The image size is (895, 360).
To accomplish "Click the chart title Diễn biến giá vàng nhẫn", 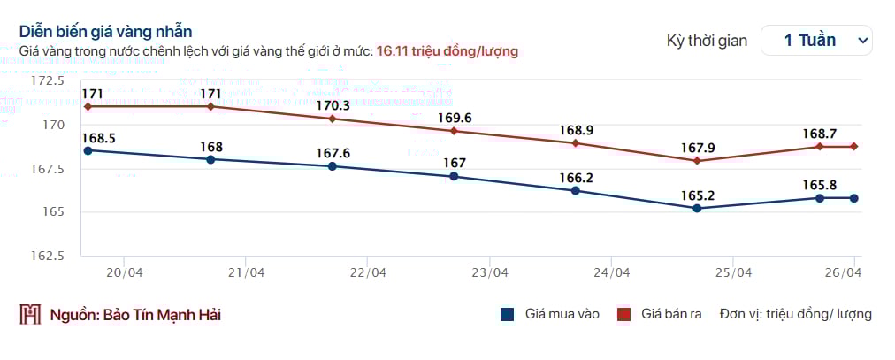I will pyautogui.click(x=106, y=33).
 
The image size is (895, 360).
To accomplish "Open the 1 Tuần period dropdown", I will pyautogui.click(x=816, y=40).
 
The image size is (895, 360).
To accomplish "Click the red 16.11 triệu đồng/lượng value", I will pyautogui.click(x=447, y=51).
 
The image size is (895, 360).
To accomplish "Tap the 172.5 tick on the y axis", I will pyautogui.click(x=48, y=80).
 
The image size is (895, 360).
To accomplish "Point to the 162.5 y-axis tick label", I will pyautogui.click(x=48, y=256).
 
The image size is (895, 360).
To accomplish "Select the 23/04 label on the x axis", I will pyautogui.click(x=490, y=272).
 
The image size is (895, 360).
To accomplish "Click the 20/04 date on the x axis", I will pyautogui.click(x=124, y=272).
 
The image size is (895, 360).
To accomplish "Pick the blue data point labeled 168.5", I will pyautogui.click(x=88, y=150).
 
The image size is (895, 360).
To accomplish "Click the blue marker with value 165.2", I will pyautogui.click(x=697, y=208).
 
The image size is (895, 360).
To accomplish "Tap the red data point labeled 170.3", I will pyautogui.click(x=332, y=119).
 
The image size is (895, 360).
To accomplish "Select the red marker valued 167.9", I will pyautogui.click(x=697, y=161).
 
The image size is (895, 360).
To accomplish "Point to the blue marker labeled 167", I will pyautogui.click(x=454, y=176).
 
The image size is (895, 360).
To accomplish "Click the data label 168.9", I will pyautogui.click(x=576, y=130).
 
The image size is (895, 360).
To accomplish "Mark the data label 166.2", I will pyautogui.click(x=576, y=178).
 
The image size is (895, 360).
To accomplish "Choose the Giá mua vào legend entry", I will pyautogui.click(x=549, y=314).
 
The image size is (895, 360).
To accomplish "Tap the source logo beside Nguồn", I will pyautogui.click(x=31, y=315).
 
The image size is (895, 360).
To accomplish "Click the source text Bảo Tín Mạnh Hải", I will pyautogui.click(x=162, y=315).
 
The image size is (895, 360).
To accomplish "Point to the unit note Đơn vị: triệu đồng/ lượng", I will pyautogui.click(x=795, y=314).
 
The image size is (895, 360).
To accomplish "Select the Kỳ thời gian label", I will pyautogui.click(x=707, y=40).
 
